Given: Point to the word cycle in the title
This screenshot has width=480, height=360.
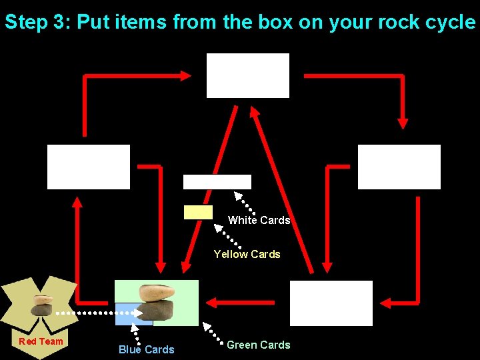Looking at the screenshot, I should click(x=447, y=22).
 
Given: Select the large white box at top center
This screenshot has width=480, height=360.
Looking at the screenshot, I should click(x=248, y=75).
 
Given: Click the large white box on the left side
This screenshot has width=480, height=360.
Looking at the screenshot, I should click(x=89, y=167).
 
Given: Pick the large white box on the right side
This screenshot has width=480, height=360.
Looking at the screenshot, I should click(x=399, y=167).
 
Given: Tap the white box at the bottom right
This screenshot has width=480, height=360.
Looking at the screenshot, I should click(x=331, y=303).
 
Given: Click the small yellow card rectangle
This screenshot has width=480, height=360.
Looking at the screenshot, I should click(x=198, y=212).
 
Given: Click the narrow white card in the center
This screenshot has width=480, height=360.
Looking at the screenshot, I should click(x=217, y=182).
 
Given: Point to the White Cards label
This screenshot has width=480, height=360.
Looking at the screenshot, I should click(x=259, y=220).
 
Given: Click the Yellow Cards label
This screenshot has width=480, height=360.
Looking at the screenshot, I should click(x=247, y=254).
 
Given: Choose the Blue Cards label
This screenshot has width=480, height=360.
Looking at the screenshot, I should click(x=146, y=349).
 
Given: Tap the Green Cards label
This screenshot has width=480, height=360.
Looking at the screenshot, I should click(x=258, y=345).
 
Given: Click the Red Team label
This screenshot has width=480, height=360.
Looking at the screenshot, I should click(x=41, y=341).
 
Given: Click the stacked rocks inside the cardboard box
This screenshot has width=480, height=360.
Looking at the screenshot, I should click(x=42, y=305).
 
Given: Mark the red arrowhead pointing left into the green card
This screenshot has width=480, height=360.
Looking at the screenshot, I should click(x=213, y=303).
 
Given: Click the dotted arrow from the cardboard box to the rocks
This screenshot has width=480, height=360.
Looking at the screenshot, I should click(x=93, y=312).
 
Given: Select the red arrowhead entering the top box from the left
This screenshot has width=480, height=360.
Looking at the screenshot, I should click(x=186, y=76).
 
